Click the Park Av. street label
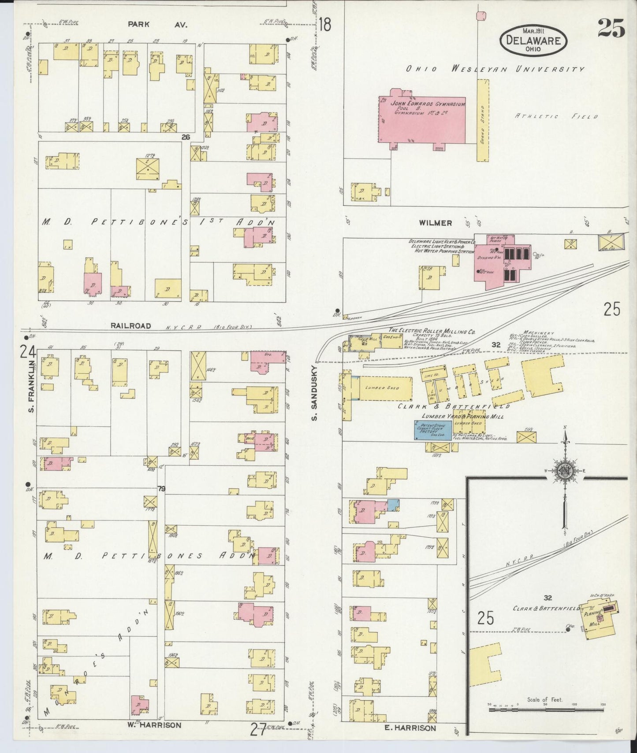(157, 25)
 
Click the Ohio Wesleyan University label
(495, 69)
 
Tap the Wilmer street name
(436, 223)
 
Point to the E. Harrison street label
(410, 728)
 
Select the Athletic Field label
(556, 116)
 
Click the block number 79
(161, 488)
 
